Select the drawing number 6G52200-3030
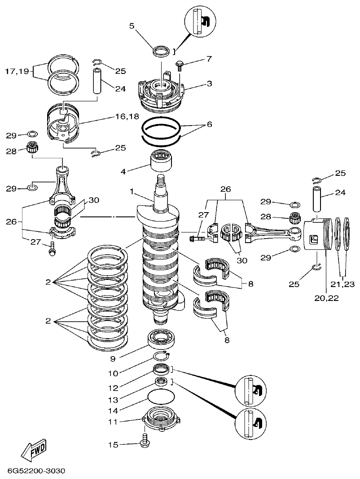point(36,470)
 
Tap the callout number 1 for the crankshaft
point(132,192)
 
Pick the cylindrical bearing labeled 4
point(162,161)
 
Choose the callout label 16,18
point(114,116)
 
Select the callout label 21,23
point(343,284)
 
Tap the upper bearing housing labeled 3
point(162,92)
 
